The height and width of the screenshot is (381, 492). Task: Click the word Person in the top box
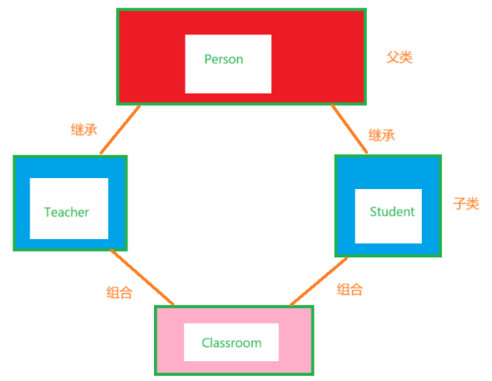[x=224, y=59]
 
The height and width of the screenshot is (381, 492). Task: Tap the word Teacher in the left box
[x=66, y=213]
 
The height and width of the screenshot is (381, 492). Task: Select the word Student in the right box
[x=392, y=212]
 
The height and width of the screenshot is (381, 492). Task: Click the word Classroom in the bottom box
[x=231, y=343]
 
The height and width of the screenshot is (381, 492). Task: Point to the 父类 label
[x=399, y=57]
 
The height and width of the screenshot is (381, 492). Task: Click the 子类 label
[x=465, y=204]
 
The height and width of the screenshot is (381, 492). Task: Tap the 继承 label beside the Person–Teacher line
[x=79, y=130]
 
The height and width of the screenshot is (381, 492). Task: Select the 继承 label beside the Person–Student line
[x=382, y=135]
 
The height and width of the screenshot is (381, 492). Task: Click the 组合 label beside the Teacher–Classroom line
[x=119, y=292]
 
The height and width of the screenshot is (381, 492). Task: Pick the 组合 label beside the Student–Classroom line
[x=350, y=289]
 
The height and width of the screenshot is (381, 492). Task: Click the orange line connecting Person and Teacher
[x=120, y=129]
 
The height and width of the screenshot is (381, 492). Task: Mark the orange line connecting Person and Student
[x=349, y=129]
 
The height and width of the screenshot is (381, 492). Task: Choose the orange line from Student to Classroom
[x=318, y=281]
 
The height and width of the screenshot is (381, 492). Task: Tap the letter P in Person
[x=208, y=59]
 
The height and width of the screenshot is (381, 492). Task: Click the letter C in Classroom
[x=206, y=343]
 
